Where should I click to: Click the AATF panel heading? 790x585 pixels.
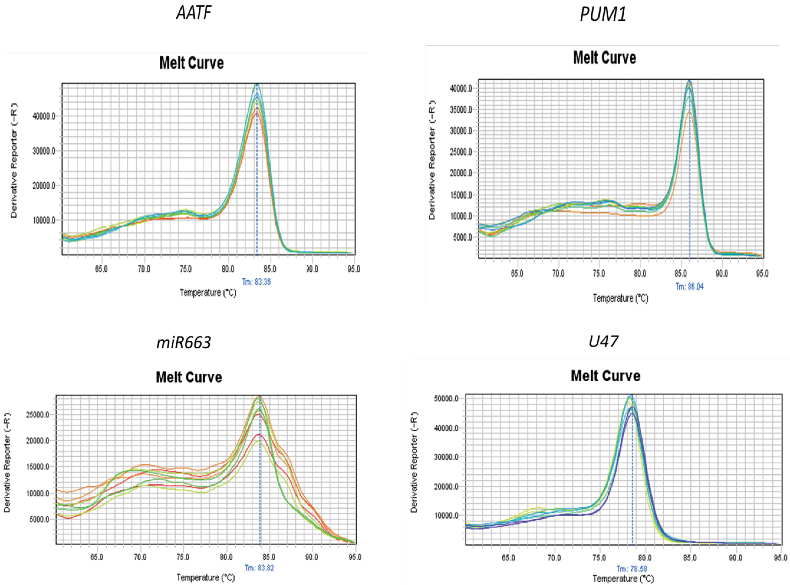194,13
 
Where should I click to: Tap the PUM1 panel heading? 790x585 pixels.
603,14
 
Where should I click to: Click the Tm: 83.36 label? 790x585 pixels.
256,282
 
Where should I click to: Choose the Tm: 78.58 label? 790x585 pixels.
632,569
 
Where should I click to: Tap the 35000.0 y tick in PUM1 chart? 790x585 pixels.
461,110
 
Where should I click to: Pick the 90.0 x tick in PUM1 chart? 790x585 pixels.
722,274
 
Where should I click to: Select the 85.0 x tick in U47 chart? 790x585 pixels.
689,558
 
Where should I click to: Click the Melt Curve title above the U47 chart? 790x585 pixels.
605,376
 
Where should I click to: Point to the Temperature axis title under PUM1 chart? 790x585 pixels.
620,298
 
